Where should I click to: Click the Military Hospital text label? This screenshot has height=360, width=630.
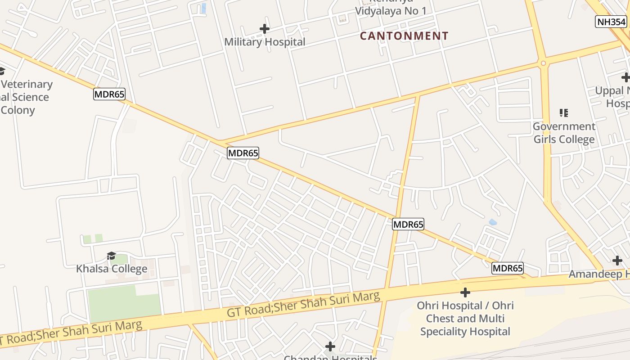point(265,42)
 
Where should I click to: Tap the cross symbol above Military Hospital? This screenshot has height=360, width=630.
point(265,29)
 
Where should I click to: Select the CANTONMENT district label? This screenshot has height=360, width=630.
point(404,36)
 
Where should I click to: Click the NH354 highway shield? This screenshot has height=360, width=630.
point(611,22)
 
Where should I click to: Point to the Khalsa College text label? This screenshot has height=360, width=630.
point(112,269)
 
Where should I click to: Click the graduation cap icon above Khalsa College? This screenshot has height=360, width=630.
point(111,256)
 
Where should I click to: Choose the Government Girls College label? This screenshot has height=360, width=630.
point(564,133)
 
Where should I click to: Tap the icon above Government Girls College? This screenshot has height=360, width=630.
point(563,112)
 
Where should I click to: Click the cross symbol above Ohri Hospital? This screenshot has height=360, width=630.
point(465,293)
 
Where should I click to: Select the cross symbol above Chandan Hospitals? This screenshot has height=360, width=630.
point(330,346)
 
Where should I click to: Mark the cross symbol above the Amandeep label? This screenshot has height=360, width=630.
point(617,260)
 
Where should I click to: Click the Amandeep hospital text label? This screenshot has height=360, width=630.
point(598,274)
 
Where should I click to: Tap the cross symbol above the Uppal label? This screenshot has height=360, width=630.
point(625,77)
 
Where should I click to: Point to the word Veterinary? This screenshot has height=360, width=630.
point(27,84)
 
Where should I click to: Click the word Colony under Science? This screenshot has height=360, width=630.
point(18,110)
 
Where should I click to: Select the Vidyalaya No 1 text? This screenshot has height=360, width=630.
point(391,11)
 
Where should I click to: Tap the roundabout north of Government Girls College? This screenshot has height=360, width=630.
point(544,63)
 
